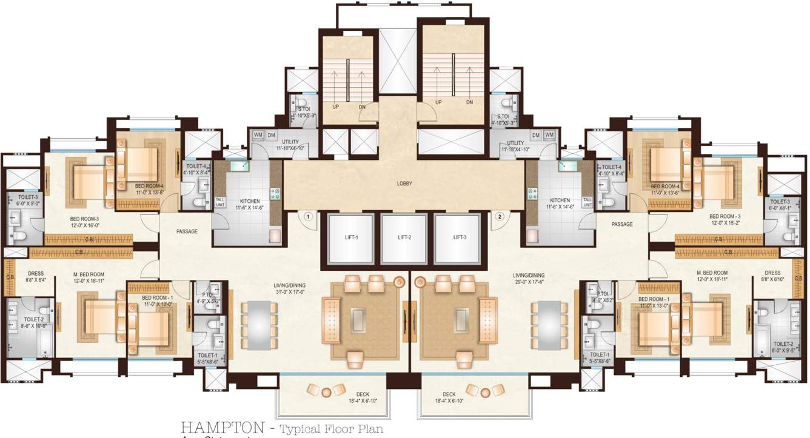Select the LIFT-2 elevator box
(x=404, y=238)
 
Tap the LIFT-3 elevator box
(x=459, y=238)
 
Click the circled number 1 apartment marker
(x=308, y=216)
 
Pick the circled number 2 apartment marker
(x=500, y=216)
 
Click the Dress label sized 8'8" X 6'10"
(x=772, y=275)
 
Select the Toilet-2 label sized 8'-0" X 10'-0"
(x=33, y=322)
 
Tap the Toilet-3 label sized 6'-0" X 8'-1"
(x=780, y=204)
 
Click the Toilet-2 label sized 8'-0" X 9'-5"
(x=783, y=347)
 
